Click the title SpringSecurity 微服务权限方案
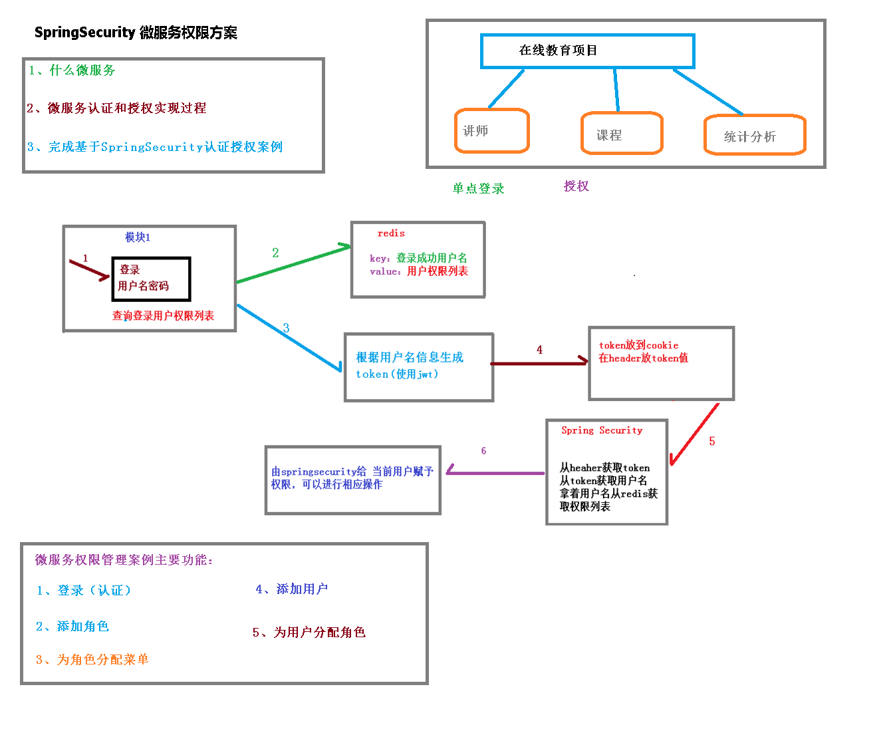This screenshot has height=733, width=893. point(136,33)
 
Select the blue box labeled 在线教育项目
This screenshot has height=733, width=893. point(587,51)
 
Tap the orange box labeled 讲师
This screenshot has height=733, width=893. point(492,131)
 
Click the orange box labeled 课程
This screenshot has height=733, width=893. point(622,134)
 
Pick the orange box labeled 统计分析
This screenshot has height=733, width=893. point(755,136)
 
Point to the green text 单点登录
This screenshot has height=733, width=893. point(478,189)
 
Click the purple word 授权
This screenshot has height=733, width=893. point(576,186)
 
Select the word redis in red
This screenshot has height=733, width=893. point(391,233)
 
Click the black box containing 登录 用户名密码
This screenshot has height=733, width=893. point(152,279)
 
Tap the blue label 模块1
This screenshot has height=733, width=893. point(138,237)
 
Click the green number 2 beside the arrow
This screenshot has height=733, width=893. point(275,253)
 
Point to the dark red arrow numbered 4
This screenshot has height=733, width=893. point(539,363)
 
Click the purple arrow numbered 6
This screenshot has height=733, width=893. point(495,473)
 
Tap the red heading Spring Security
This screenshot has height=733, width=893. point(602,430)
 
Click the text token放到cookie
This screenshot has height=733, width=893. point(638,345)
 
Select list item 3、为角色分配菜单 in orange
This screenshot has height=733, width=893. point(92,660)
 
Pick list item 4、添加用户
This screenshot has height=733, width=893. point(292,589)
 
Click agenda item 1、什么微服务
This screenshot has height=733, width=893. point(72,71)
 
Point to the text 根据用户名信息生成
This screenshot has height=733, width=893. point(410,358)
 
